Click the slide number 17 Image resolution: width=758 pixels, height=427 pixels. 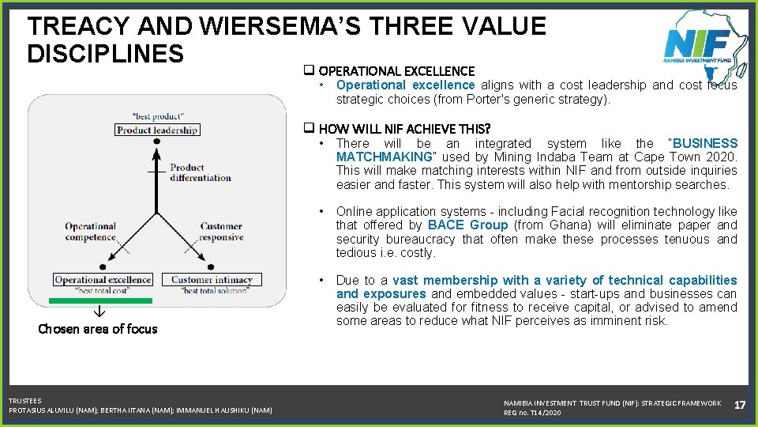740,405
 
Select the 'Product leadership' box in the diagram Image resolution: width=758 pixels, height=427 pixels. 156,130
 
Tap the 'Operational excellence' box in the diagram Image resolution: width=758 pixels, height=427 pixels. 103,279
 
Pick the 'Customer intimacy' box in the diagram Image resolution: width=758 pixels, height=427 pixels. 212,279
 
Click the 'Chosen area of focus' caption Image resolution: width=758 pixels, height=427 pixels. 98,329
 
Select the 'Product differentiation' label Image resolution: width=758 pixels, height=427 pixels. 201,172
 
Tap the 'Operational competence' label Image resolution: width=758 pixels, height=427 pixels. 90,232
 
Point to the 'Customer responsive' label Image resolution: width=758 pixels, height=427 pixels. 221,232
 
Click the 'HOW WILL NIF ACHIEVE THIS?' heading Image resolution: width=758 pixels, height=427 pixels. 404,128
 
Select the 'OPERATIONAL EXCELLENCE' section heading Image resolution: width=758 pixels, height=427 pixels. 396,71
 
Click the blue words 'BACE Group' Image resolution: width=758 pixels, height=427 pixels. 467,225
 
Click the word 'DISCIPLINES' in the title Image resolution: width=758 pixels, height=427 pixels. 105,54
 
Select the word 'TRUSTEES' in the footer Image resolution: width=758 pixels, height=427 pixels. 25,401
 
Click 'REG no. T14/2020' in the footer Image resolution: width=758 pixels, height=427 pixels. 532,413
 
